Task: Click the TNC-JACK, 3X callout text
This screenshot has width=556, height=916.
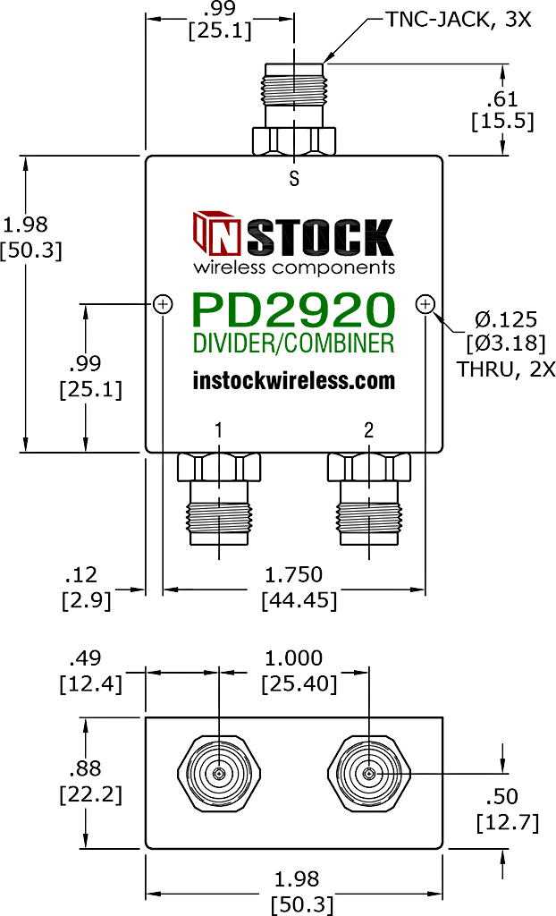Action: [x=459, y=20]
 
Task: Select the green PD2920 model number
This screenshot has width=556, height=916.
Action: [x=294, y=310]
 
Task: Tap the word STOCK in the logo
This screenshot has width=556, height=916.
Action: [x=320, y=237]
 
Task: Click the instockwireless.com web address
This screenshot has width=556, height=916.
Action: [x=294, y=381]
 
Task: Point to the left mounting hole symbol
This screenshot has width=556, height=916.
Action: [x=163, y=304]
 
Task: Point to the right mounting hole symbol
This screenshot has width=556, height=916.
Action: [x=425, y=304]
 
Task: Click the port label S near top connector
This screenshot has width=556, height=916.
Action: [x=294, y=178]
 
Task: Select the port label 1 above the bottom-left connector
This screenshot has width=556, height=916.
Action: [x=218, y=430]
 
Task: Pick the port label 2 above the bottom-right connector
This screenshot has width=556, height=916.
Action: [x=368, y=430]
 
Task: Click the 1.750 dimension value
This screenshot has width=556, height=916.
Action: [x=293, y=575]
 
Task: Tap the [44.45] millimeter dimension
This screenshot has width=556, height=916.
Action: [x=299, y=600]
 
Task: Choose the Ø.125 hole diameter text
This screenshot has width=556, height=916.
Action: [x=506, y=319]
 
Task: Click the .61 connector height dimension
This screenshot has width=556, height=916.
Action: [x=502, y=98]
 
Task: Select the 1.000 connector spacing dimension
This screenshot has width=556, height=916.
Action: [x=293, y=658]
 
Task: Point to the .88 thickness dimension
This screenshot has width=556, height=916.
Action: [x=85, y=768]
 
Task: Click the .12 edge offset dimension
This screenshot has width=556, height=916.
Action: [x=81, y=575]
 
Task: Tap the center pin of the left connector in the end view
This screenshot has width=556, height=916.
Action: [x=218, y=774]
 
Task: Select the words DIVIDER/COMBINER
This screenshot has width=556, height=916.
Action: [x=294, y=343]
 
